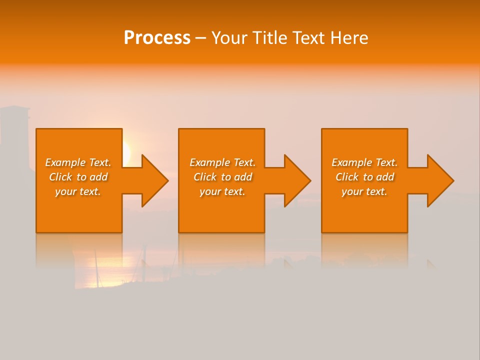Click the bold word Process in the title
tap(157, 38)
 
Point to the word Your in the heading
tap(231, 38)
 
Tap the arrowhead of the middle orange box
tap(296, 180)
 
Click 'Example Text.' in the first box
tap(78, 162)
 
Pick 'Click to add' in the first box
tap(78, 177)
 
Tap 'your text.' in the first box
tap(78, 191)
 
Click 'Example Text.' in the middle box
tap(222, 162)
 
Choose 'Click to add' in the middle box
tap(222, 177)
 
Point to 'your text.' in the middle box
tap(222, 191)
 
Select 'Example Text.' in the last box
tap(364, 162)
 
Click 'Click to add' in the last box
tap(364, 177)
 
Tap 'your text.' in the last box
tap(364, 191)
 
